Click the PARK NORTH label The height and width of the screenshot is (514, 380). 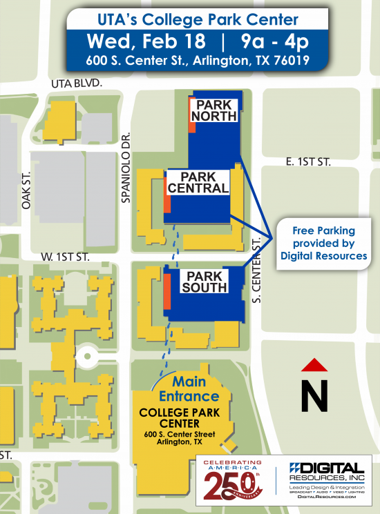pyautogui.click(x=213, y=110)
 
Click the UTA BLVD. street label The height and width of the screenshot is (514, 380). pyautogui.click(x=77, y=83)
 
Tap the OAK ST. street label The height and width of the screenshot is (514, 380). pyautogui.click(x=27, y=192)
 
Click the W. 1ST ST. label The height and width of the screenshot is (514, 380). pyautogui.click(x=66, y=255)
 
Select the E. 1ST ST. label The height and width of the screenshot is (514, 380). pyautogui.click(x=308, y=161)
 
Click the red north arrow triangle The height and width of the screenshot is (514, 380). pyautogui.click(x=314, y=365)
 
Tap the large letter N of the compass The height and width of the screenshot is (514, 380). pyautogui.click(x=314, y=397)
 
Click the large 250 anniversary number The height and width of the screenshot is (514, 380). pyautogui.click(x=234, y=486)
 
